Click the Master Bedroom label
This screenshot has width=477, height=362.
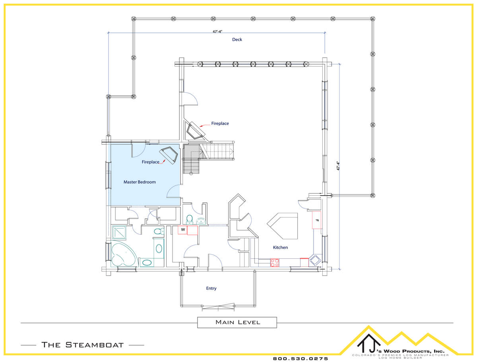click(x=140, y=182)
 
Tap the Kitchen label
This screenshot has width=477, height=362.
click(x=280, y=247)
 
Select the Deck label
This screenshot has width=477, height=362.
click(x=237, y=39)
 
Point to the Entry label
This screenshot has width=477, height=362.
click(x=211, y=288)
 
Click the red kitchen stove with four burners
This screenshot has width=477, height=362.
click(x=275, y=263)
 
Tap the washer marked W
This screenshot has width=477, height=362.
click(x=182, y=230)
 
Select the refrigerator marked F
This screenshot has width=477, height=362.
click(x=316, y=220)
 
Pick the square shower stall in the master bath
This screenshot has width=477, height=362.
click(x=119, y=233)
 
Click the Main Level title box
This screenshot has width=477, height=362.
click(x=237, y=322)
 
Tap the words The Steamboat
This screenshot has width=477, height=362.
click(x=82, y=345)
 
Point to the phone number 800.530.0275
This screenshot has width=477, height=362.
click(x=301, y=359)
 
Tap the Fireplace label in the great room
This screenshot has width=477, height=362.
click(x=220, y=123)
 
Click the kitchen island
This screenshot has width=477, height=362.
click(x=283, y=226)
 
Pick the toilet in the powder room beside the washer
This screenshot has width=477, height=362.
click(x=190, y=220)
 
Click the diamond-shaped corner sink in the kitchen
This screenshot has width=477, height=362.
click(x=315, y=260)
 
